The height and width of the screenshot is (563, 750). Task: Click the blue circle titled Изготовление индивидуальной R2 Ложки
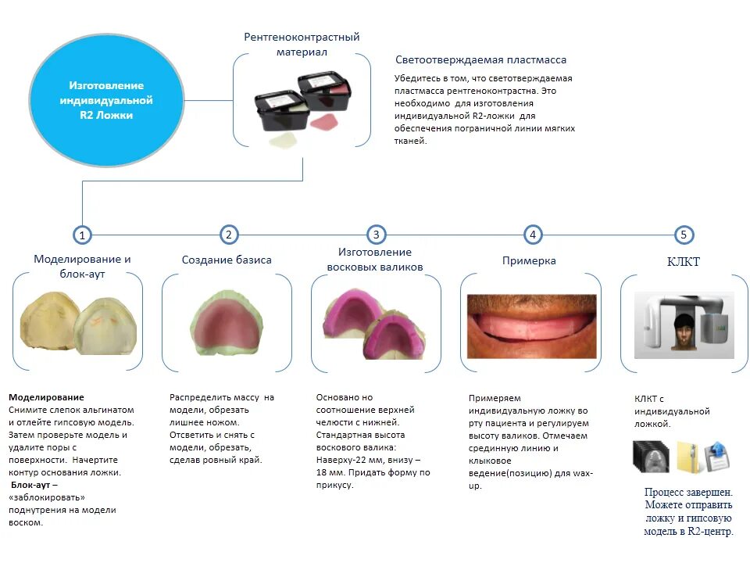[106, 100]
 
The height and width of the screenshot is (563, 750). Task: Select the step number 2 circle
[228, 234]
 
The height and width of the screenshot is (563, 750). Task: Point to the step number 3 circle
[377, 234]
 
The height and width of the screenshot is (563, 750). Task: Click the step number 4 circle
[532, 234]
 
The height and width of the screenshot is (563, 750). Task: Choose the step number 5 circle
[684, 234]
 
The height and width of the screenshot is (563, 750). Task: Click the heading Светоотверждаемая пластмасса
[480, 59]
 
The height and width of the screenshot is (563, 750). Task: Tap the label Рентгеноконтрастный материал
[302, 45]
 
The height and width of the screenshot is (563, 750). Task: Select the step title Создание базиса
[227, 260]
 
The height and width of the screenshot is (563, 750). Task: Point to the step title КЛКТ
[684, 261]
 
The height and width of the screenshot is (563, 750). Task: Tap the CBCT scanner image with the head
[684, 325]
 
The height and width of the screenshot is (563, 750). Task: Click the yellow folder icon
[687, 457]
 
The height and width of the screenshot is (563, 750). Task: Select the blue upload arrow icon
[716, 457]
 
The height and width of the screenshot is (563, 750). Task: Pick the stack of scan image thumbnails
[652, 457]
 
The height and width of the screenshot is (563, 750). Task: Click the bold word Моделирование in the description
[46, 397]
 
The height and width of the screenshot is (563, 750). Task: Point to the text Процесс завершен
[688, 492]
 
